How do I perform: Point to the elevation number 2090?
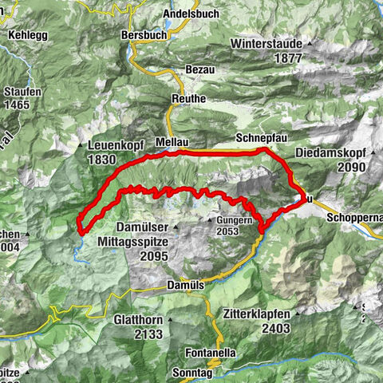pos(350,167)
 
